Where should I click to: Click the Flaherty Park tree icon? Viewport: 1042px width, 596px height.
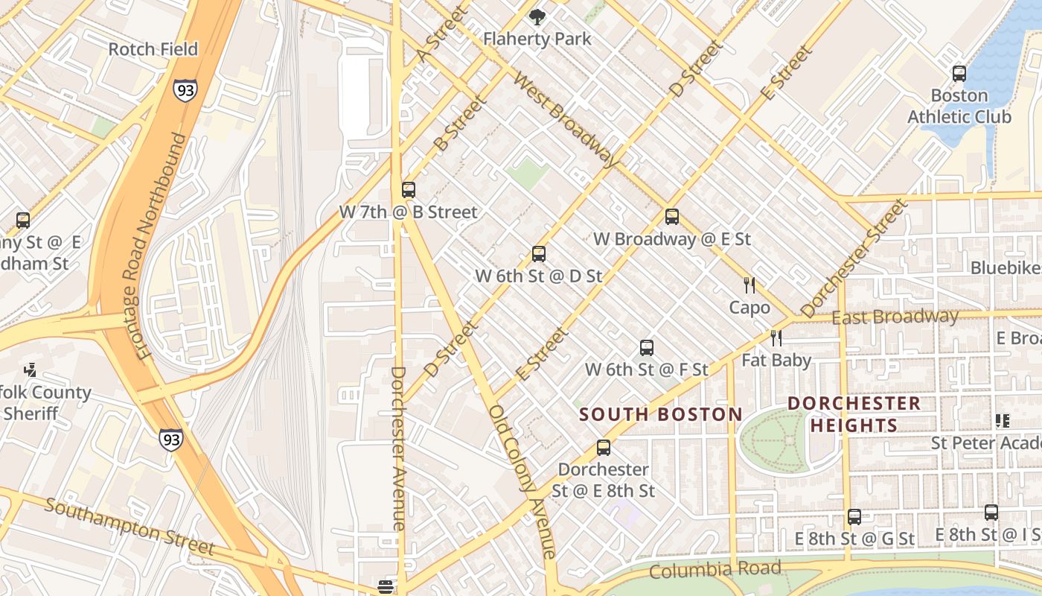pyautogui.click(x=537, y=17)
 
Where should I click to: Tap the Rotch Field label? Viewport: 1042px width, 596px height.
pyautogui.click(x=153, y=49)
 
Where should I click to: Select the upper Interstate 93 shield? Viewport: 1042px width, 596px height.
pyautogui.click(x=187, y=90)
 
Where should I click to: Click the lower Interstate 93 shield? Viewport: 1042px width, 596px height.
pyautogui.click(x=170, y=439)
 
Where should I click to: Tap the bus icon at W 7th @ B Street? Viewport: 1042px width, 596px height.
pyautogui.click(x=408, y=190)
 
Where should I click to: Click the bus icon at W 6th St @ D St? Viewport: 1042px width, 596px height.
pyautogui.click(x=539, y=254)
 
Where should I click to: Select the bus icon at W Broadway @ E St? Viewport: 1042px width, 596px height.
pyautogui.click(x=672, y=217)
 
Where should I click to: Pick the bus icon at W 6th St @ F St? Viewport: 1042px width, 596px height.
pyautogui.click(x=647, y=348)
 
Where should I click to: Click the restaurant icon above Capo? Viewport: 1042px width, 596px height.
pyautogui.click(x=749, y=285)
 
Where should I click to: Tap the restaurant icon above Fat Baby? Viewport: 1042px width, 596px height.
pyautogui.click(x=776, y=338)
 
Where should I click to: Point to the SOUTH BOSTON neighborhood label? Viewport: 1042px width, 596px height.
pyautogui.click(x=661, y=415)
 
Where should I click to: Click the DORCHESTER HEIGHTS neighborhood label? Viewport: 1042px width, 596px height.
pyautogui.click(x=854, y=414)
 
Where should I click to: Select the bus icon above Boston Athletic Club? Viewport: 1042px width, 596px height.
pyautogui.click(x=959, y=74)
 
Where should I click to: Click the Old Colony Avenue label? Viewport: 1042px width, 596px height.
pyautogui.click(x=522, y=481)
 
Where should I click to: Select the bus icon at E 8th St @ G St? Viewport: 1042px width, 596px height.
pyautogui.click(x=854, y=517)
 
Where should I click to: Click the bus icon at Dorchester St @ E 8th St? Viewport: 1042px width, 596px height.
pyautogui.click(x=604, y=448)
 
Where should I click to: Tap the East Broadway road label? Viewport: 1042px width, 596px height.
pyautogui.click(x=895, y=317)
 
